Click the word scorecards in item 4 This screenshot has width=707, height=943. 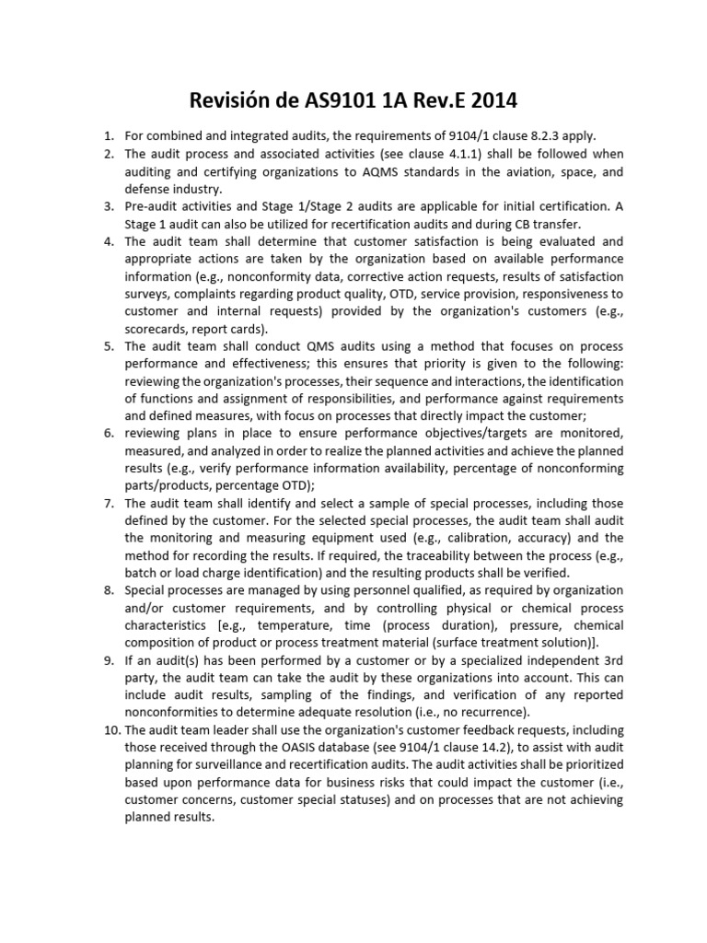tap(156, 329)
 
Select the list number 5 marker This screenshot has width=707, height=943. tap(108, 346)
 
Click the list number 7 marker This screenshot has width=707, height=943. tap(108, 503)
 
